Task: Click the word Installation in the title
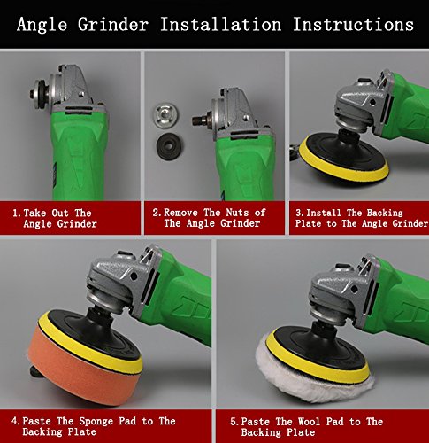(220, 24)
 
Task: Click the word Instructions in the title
(353, 24)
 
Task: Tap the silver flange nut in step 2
(165, 115)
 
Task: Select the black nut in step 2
(169, 146)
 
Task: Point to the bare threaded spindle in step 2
(200, 120)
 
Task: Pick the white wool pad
(312, 379)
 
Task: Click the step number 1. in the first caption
(17, 213)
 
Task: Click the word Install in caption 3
(324, 213)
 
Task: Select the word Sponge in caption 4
(96, 421)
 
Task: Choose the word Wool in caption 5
(309, 422)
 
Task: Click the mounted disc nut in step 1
(40, 92)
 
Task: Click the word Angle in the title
(42, 25)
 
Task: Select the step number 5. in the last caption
(234, 422)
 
